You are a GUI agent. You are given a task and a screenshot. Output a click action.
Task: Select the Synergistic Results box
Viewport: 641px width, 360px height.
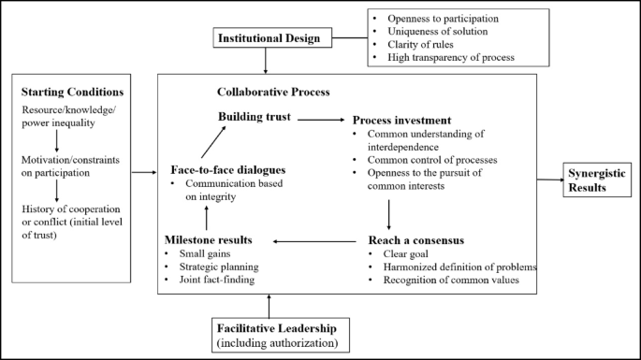[x=598, y=179]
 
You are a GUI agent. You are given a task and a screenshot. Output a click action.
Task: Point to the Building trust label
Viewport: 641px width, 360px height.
[x=254, y=117]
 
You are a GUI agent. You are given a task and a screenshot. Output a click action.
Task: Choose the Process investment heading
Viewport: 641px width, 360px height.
[x=401, y=121]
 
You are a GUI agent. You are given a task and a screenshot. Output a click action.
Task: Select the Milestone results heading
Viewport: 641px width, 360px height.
[x=214, y=239]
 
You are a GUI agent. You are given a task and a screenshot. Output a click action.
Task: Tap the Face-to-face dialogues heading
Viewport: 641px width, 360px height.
[x=227, y=170]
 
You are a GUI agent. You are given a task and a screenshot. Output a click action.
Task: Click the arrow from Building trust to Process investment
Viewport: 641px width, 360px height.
[x=321, y=120]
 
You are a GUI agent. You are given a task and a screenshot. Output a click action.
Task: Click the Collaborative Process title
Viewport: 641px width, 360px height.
[x=273, y=93]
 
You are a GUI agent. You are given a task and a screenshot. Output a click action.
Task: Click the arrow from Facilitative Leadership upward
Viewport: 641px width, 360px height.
[x=270, y=306]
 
